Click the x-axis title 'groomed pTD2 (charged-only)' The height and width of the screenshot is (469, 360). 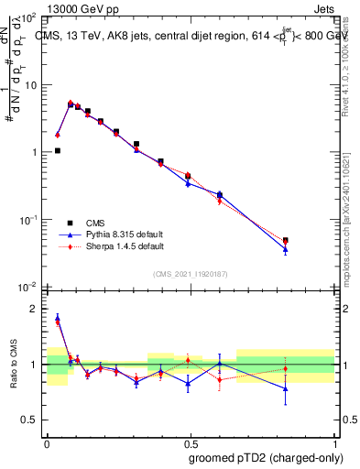pos(267,457)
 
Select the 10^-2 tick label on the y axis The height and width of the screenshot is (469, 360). pos(27,287)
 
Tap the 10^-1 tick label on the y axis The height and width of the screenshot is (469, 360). pos(27,220)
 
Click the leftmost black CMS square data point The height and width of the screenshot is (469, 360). pos(58,150)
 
